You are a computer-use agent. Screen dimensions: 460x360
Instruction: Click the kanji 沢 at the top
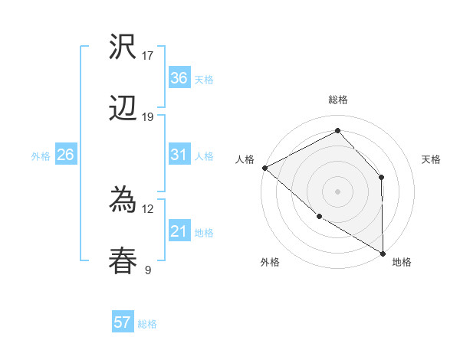coord(123,47)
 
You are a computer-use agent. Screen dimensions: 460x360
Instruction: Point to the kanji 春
coord(123,261)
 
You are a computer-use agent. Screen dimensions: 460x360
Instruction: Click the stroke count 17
coord(148,56)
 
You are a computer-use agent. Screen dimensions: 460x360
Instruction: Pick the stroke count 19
coord(148,117)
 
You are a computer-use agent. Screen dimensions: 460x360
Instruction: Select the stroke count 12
coord(148,208)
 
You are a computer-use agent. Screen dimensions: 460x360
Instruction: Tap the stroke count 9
coord(148,270)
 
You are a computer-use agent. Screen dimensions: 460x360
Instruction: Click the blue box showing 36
coord(179,78)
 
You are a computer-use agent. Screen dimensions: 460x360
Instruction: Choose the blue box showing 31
coord(179,155)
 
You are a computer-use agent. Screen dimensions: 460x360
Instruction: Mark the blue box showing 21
coord(179,231)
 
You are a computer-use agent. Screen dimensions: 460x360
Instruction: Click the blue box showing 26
coord(65,155)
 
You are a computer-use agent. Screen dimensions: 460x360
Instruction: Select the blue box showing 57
coord(123,322)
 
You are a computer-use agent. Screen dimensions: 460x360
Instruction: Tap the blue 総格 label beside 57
coord(147,324)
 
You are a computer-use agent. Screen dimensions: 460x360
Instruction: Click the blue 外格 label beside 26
coord(41,156)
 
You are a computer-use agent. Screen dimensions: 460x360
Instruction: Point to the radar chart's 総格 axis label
coord(338,100)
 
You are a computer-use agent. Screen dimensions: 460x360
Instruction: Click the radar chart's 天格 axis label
coord(432,159)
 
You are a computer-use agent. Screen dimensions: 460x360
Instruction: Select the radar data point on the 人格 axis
coord(264,168)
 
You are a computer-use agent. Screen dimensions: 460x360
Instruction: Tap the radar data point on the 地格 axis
coord(383,253)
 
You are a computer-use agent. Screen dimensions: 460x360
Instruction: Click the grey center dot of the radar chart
coord(337,191)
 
